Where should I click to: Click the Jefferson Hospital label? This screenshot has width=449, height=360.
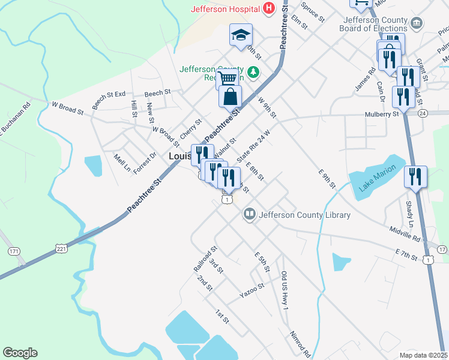point(225,9)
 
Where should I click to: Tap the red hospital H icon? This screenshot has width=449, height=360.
point(269,8)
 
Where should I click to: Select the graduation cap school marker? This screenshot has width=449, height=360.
point(241,35)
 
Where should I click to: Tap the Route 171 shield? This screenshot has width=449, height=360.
point(13,250)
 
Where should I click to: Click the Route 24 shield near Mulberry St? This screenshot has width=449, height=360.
point(423,113)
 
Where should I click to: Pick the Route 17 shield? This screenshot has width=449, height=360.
point(442,249)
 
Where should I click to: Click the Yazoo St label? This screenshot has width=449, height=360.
point(252,291)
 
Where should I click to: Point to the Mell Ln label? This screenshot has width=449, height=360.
point(122,162)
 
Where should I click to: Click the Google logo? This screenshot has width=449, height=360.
point(20,353)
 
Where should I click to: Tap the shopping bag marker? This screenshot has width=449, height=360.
point(230,95)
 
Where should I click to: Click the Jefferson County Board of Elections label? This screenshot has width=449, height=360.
point(373,24)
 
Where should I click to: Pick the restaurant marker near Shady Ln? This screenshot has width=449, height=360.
point(415,176)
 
